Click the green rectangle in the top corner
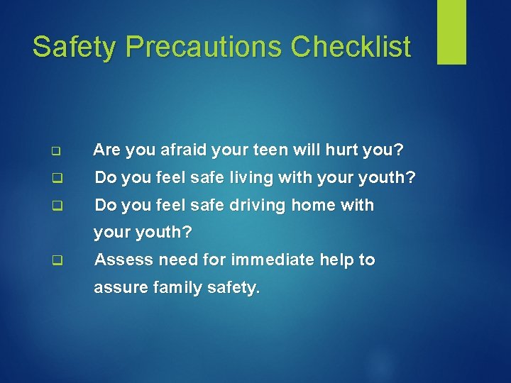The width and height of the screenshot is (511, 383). point(451,32)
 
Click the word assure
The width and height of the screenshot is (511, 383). point(120,287)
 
